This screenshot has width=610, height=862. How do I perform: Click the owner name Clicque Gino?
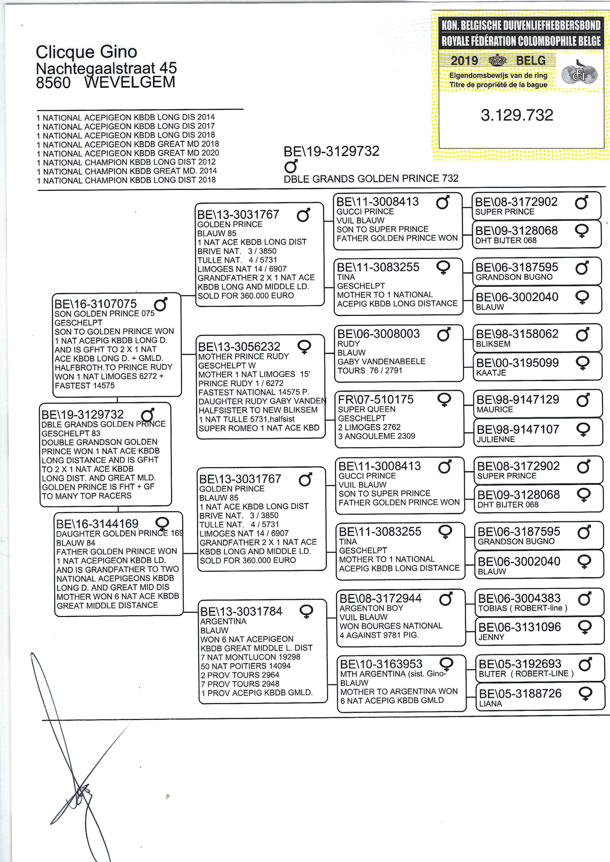(86, 52)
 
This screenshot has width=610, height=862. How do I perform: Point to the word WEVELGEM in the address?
(130, 82)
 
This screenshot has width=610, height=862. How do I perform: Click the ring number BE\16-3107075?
(96, 304)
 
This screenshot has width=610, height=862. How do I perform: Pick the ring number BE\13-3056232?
(239, 346)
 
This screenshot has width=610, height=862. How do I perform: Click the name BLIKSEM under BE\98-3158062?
(493, 344)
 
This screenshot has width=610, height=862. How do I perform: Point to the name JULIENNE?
(496, 439)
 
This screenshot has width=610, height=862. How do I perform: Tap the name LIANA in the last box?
(490, 704)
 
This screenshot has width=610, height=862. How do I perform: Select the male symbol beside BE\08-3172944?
(446, 599)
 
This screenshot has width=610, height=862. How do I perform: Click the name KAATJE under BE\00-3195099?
(491, 373)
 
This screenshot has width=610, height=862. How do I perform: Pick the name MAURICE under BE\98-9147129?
(495, 409)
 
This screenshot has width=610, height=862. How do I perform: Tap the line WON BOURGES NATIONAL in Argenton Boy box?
(391, 626)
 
